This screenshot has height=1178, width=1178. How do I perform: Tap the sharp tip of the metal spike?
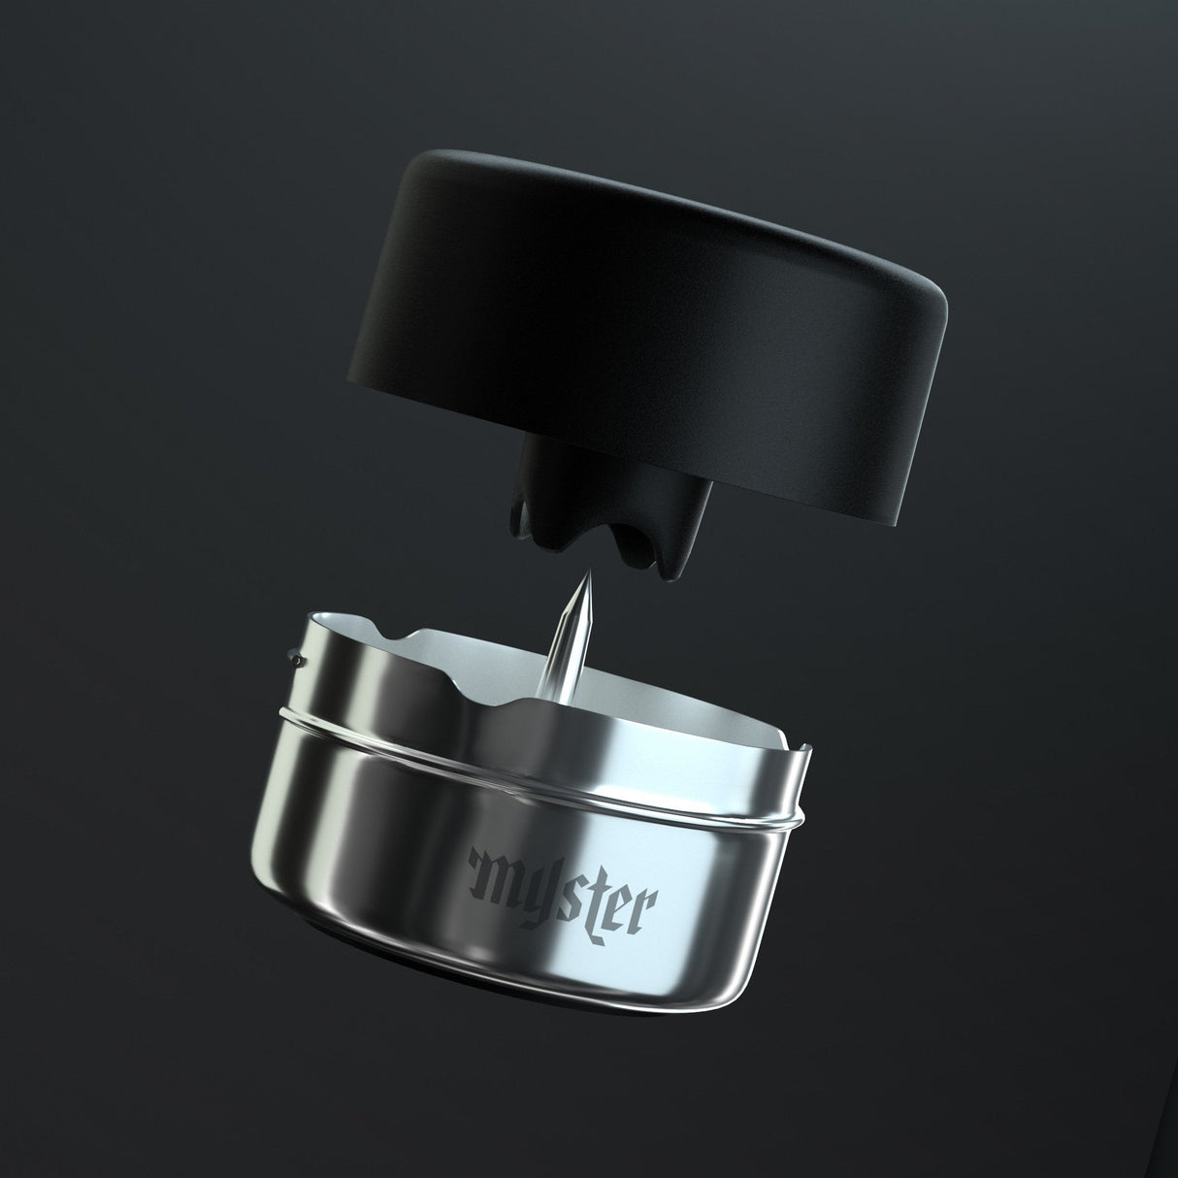pyautogui.click(x=584, y=575)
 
